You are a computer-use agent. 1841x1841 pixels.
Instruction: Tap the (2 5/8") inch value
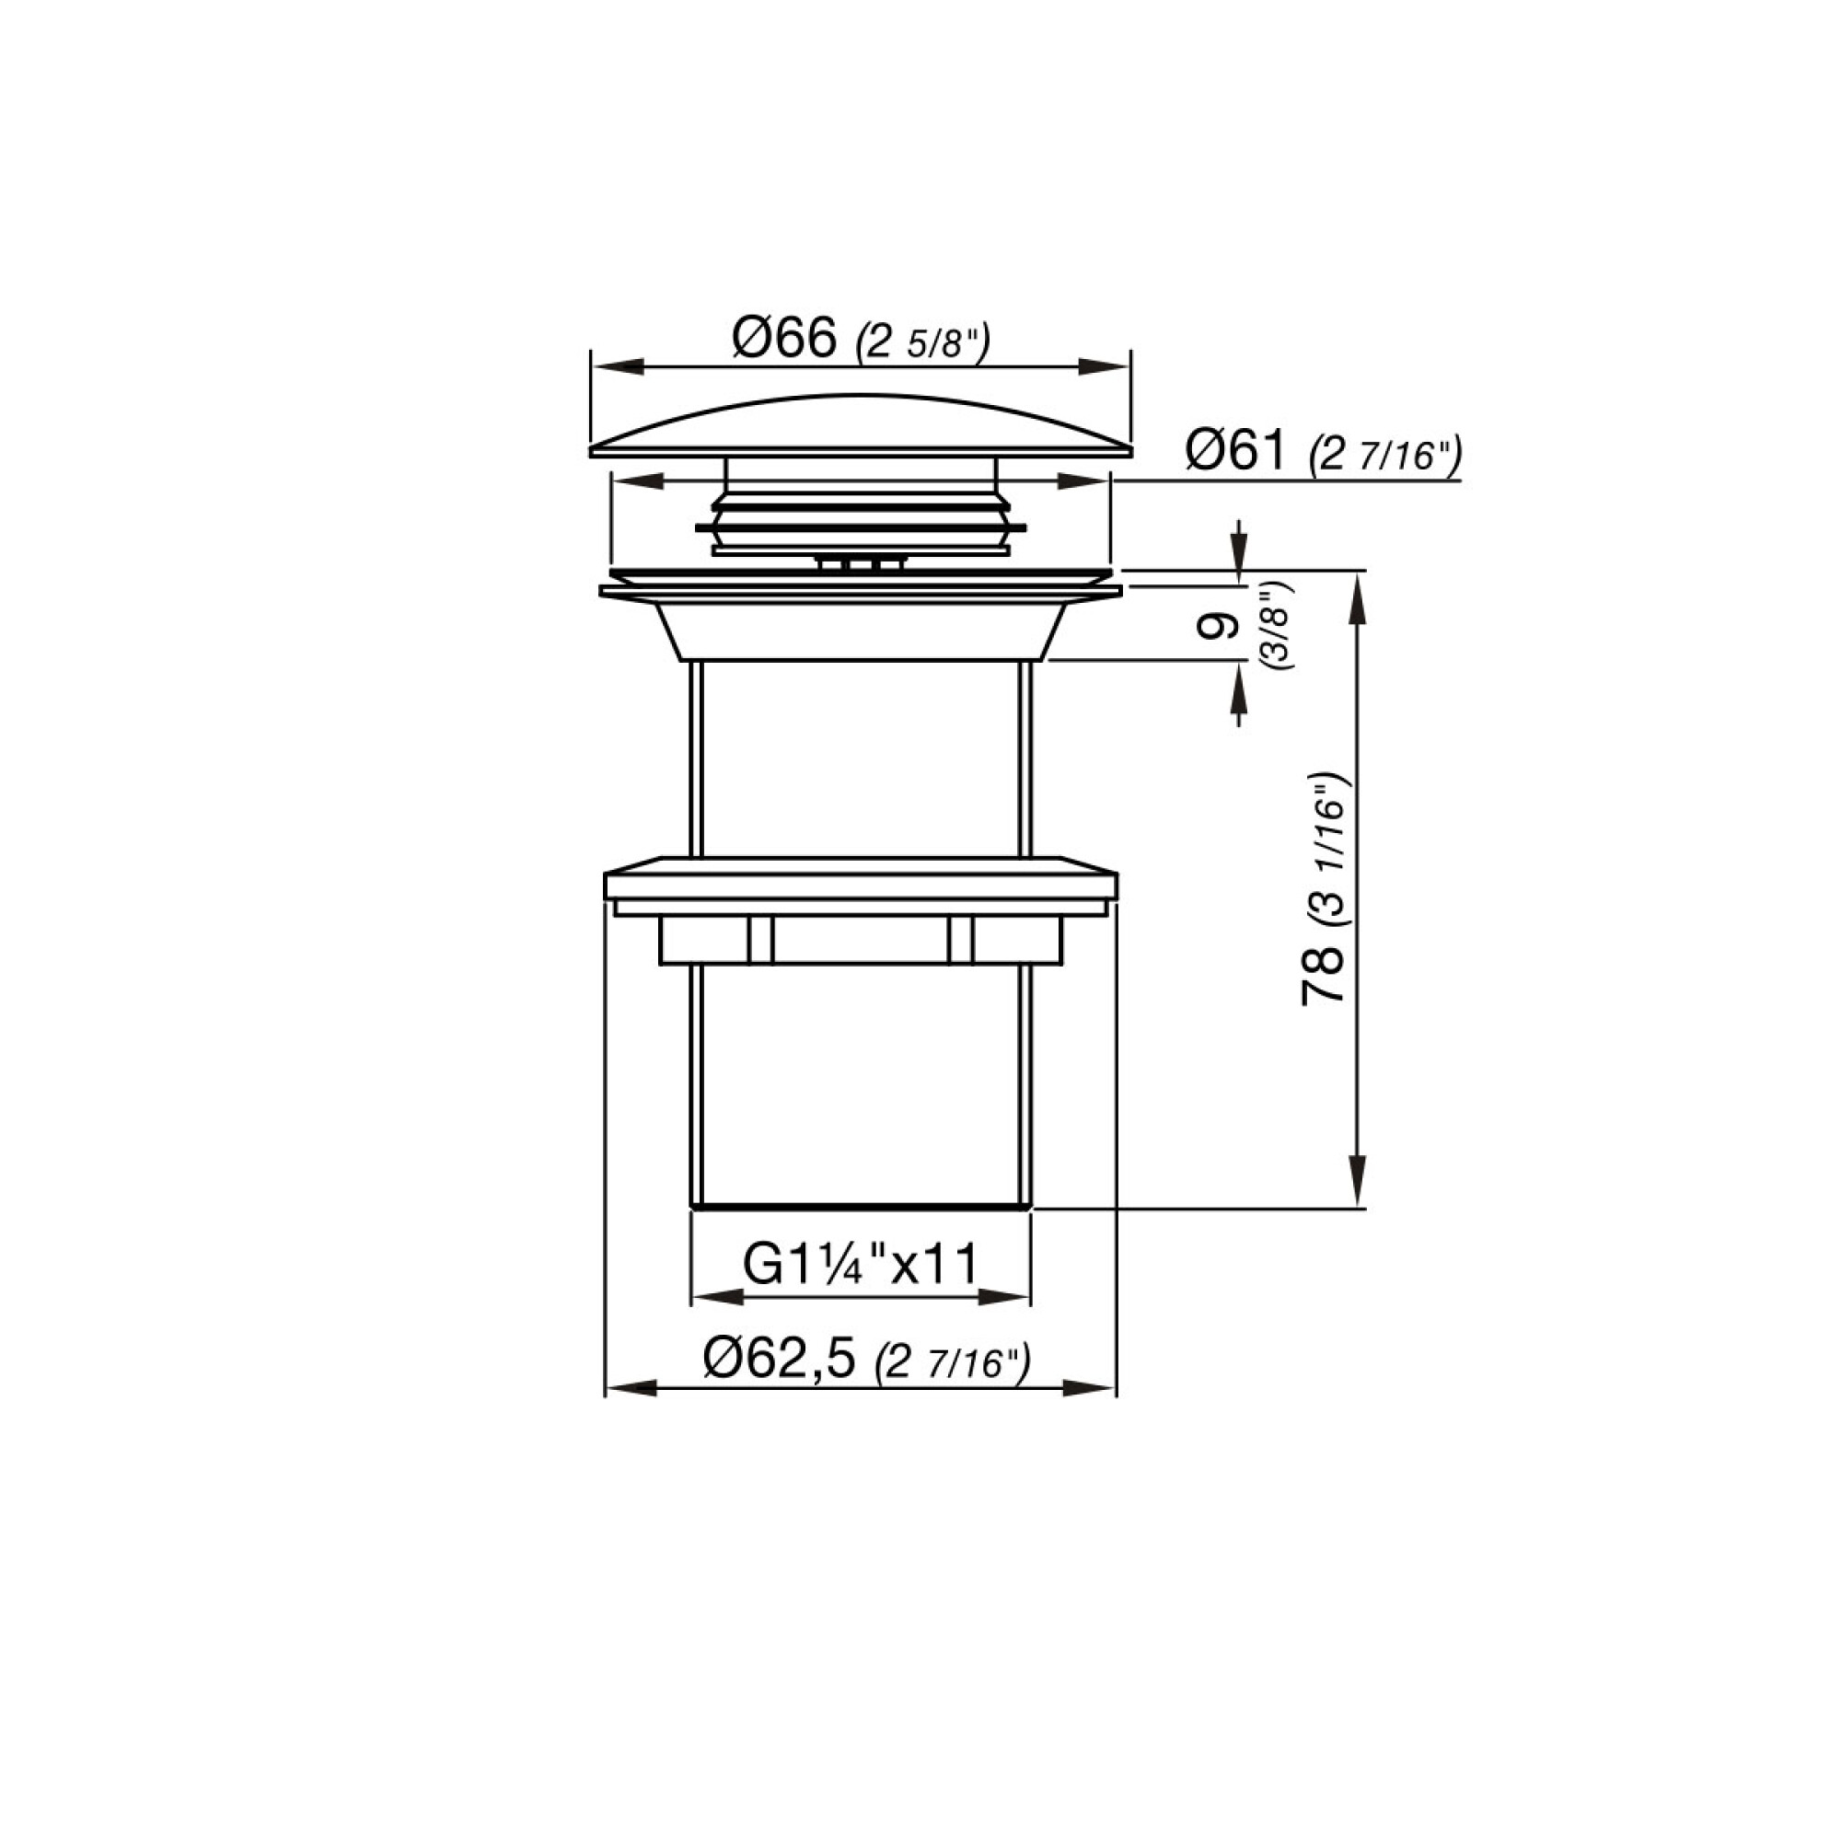924,342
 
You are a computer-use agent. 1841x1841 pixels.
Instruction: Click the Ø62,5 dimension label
780,1360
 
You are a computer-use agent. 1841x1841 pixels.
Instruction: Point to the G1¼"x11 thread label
861,1266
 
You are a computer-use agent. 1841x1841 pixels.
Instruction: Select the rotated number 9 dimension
1218,627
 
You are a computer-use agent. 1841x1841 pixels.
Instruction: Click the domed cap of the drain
861,424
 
